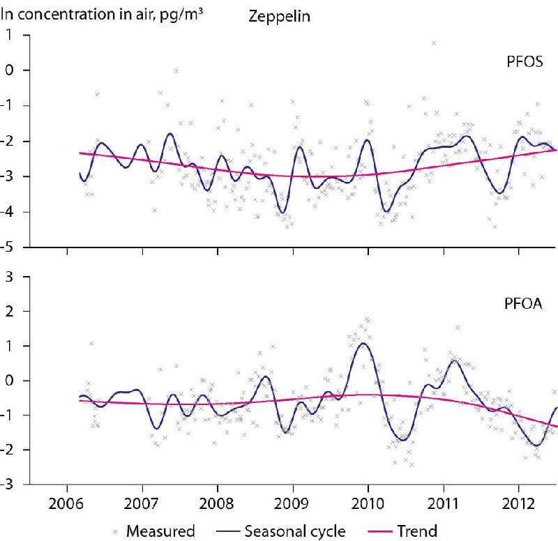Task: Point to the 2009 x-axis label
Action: (x=293, y=503)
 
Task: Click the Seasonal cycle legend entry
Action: (x=295, y=531)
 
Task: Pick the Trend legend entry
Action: (x=417, y=531)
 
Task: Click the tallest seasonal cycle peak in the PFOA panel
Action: (x=365, y=343)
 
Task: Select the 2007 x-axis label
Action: (x=142, y=503)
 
